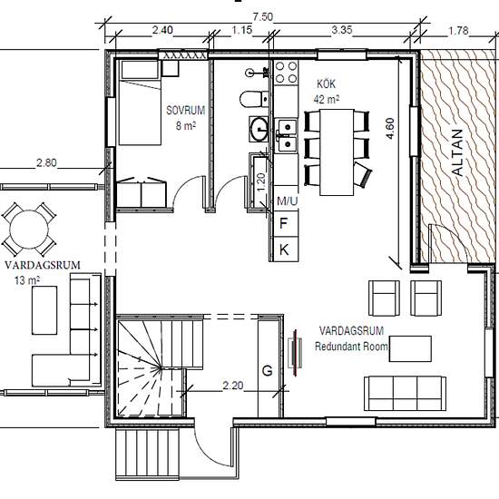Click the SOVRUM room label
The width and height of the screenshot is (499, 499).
tap(186, 111)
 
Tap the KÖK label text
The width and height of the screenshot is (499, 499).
tap(327, 84)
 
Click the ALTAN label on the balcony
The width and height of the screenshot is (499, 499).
tap(457, 152)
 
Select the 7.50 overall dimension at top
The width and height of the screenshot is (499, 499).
tap(263, 17)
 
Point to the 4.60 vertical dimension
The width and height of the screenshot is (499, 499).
tap(390, 128)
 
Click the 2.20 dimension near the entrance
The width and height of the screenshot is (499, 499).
tap(233, 386)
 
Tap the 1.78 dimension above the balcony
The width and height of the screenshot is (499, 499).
tap(458, 31)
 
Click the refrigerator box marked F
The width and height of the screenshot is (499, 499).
tap(284, 224)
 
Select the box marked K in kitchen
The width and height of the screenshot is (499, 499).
tap(284, 249)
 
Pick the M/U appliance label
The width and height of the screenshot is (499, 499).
tap(288, 201)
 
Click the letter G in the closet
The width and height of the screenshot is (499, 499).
tap(268, 371)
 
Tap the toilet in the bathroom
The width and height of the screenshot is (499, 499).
tap(254, 99)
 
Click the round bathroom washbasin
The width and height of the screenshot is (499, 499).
tap(259, 129)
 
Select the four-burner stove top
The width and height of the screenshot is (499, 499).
tap(286, 73)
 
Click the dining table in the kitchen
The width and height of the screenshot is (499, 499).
tap(337, 152)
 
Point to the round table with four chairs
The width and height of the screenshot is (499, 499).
tap(29, 230)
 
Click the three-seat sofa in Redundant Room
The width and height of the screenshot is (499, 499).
tap(405, 394)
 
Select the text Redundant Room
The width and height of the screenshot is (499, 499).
tap(351, 347)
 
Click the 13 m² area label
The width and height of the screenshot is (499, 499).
tap(26, 280)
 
